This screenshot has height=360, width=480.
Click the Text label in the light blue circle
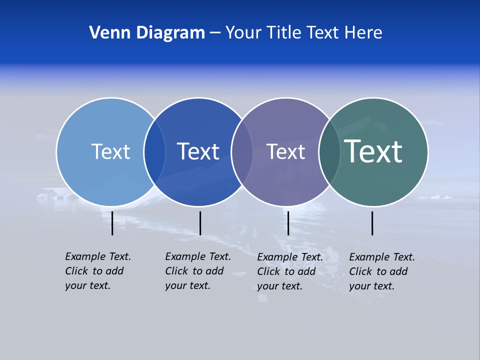110,151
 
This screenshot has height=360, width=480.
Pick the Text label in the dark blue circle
198,151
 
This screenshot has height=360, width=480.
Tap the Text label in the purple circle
285,151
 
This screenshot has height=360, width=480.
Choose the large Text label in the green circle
373,151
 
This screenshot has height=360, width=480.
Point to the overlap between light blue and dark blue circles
154,152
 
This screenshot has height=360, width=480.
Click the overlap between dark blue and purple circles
242,152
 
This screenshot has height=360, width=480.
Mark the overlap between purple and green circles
329,152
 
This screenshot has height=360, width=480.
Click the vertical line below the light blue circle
112,223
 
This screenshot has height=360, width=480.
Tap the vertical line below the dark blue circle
200,223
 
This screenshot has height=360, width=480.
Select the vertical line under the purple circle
288,223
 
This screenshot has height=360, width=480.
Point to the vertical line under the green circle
372,223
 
